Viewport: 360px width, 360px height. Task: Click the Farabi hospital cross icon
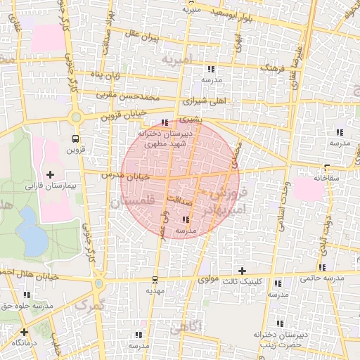[50, 174]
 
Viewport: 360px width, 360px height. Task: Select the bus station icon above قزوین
[75, 139]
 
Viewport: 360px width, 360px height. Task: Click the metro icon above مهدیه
[155, 279]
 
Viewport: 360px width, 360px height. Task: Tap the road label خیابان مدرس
[126, 176]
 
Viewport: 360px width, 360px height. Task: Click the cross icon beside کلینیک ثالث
[243, 271]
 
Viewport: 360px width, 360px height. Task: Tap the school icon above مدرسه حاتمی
[323, 267]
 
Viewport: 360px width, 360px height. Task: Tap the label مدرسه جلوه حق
[28, 306]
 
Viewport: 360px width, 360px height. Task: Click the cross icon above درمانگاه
[25, 332]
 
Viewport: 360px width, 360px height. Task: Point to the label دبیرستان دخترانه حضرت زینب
[278, 340]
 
